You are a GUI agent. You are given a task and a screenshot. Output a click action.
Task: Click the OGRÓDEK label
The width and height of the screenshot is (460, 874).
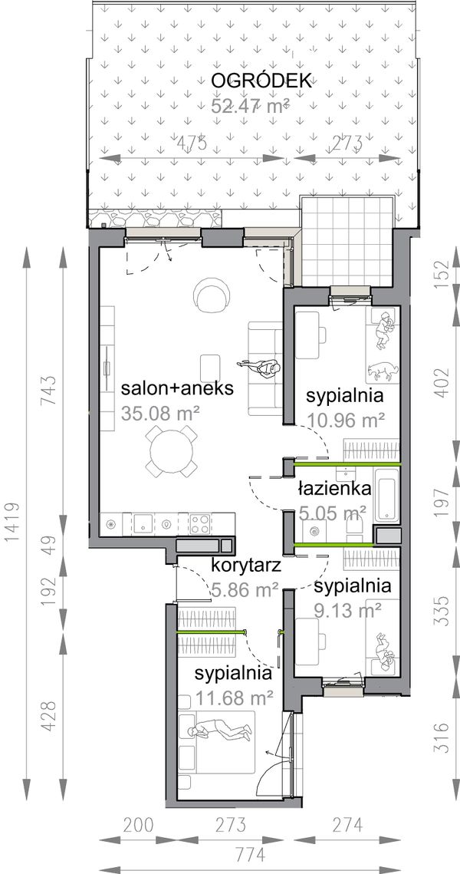click(x=251, y=81)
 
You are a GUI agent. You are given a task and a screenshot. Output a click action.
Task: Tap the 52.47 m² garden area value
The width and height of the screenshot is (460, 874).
click(x=250, y=105)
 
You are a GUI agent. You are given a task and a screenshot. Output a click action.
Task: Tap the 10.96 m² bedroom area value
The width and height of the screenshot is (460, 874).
click(x=346, y=420)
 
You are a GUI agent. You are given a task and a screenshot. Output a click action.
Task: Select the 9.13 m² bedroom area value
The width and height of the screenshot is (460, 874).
click(x=349, y=610)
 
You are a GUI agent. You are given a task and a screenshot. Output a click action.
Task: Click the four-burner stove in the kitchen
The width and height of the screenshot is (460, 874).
click(x=202, y=524)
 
